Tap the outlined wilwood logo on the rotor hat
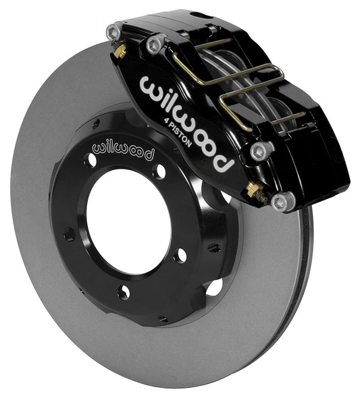coord(122,147)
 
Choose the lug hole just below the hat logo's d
coord(159,171)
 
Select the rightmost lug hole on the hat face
coord(180,256)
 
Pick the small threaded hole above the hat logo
coord(97,122)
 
